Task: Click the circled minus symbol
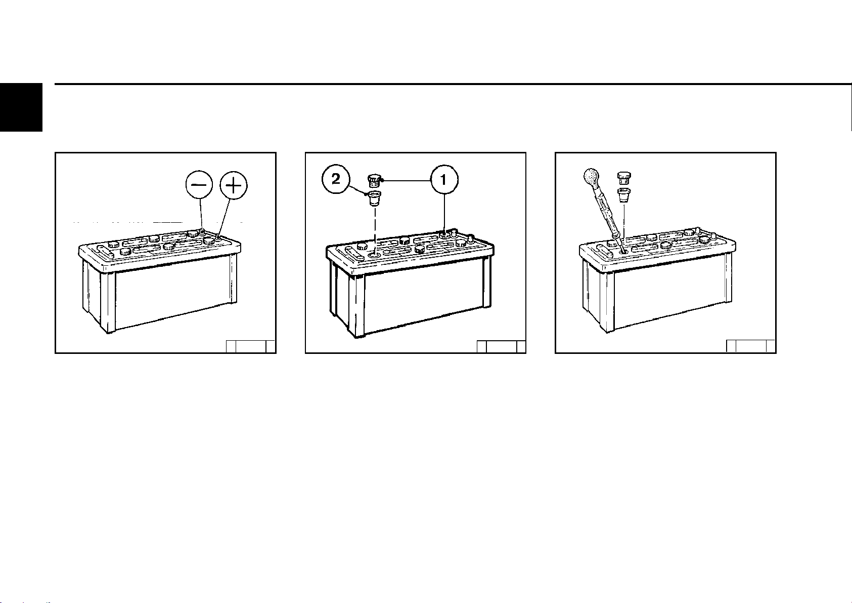click(199, 185)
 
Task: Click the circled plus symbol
click(234, 185)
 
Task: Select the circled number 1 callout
click(444, 179)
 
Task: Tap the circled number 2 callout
click(336, 179)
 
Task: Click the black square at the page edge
click(21, 107)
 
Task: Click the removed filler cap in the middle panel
click(374, 180)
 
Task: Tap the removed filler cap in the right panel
click(623, 178)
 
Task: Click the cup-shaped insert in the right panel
click(623, 196)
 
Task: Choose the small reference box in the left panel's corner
click(250, 346)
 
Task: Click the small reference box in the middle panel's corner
click(501, 346)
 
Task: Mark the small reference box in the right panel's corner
click(750, 346)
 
